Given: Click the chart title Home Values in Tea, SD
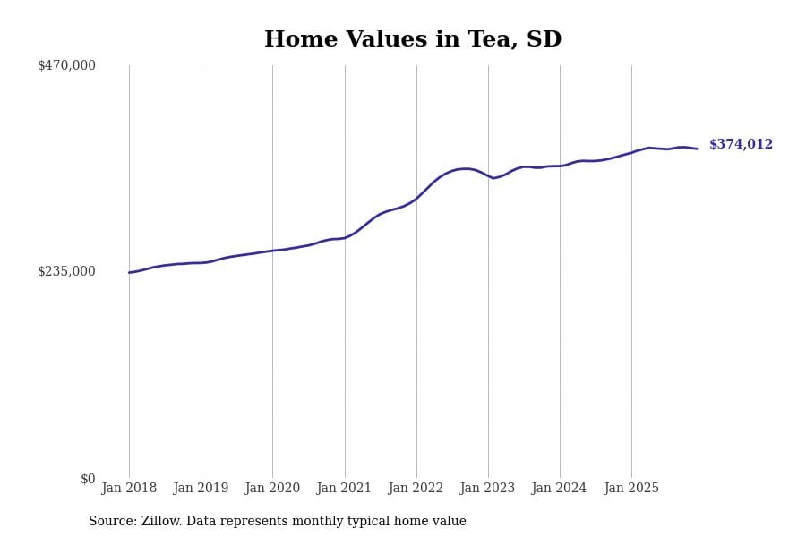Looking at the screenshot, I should (413, 39).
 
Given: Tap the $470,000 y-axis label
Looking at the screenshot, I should (66, 65).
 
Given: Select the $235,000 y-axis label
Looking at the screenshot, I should (66, 271).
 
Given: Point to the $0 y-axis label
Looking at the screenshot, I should (87, 479).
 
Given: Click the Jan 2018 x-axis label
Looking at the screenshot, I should (129, 488).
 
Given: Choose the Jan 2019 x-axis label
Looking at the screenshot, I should (201, 488).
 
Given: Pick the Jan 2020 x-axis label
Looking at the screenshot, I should (272, 488).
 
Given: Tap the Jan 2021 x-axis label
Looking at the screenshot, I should (344, 488).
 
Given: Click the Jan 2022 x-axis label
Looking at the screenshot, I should (416, 488).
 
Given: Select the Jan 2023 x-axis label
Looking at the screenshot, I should (487, 488).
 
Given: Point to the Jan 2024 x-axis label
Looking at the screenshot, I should (559, 488).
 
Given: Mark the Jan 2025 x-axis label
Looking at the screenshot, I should (631, 488).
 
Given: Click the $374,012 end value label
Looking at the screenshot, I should (741, 144).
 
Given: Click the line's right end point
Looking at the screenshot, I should (697, 149).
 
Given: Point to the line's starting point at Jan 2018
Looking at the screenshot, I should (129, 272).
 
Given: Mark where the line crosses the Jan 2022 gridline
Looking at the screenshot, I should (416, 198).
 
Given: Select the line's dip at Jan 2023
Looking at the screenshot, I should (493, 178).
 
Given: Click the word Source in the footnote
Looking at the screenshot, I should (112, 521).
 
